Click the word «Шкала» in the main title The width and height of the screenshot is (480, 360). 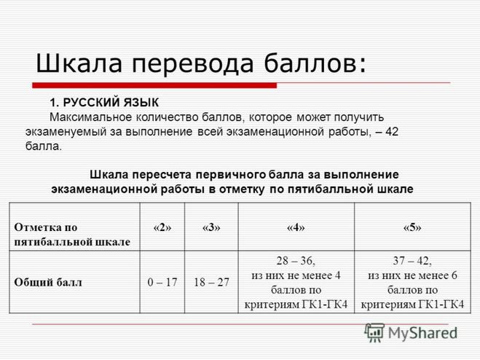click(79, 63)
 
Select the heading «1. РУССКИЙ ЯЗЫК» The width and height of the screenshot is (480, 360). click(104, 103)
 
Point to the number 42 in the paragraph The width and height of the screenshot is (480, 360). click(392, 132)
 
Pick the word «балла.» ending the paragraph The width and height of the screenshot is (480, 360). click(44, 146)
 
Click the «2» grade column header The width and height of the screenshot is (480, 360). click(162, 227)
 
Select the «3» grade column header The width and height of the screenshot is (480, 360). click(211, 227)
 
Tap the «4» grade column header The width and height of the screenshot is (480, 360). click(296, 227)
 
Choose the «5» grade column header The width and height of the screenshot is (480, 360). click(412, 227)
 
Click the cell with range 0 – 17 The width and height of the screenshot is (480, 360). click(162, 282)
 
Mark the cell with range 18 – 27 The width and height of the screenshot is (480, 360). click(211, 282)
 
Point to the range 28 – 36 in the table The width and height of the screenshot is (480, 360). click(296, 261)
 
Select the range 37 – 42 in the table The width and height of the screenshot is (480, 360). click(412, 261)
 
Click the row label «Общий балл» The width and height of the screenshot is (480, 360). click(48, 282)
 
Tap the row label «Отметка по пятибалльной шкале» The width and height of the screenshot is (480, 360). click(72, 235)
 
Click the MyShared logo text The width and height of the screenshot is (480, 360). click(422, 333)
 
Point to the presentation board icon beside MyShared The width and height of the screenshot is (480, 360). click(374, 333)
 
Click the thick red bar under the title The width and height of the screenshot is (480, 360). click(154, 85)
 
